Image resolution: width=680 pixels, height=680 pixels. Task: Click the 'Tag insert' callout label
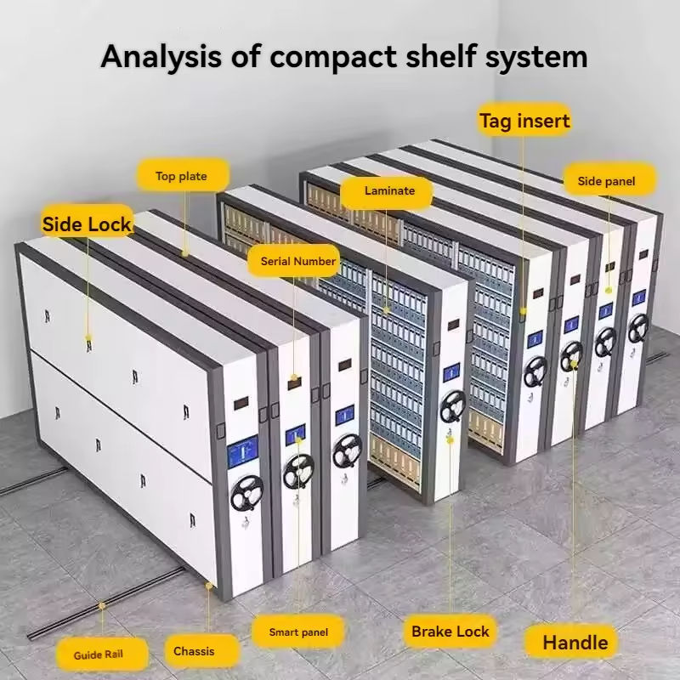[x=524, y=121]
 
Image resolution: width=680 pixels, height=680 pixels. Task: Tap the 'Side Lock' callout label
[x=87, y=224]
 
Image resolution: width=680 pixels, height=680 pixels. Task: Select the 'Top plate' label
[x=181, y=177]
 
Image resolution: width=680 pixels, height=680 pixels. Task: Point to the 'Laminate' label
[x=389, y=191]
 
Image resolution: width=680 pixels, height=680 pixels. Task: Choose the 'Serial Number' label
[x=297, y=261]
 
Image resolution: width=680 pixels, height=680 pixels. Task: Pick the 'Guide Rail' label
[x=98, y=654]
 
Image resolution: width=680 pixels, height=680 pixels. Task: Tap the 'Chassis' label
[x=194, y=651]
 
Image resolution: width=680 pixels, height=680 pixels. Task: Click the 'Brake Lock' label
[x=450, y=632]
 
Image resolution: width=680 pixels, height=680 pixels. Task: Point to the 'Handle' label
[x=575, y=642]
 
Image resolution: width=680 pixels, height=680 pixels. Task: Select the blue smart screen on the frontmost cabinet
[x=244, y=450]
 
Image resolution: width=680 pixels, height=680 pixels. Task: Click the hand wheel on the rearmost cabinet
[x=638, y=327]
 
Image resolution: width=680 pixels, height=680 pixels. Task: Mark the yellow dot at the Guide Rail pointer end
[x=102, y=606]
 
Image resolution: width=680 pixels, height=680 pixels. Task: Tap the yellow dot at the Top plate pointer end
[x=184, y=252]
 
